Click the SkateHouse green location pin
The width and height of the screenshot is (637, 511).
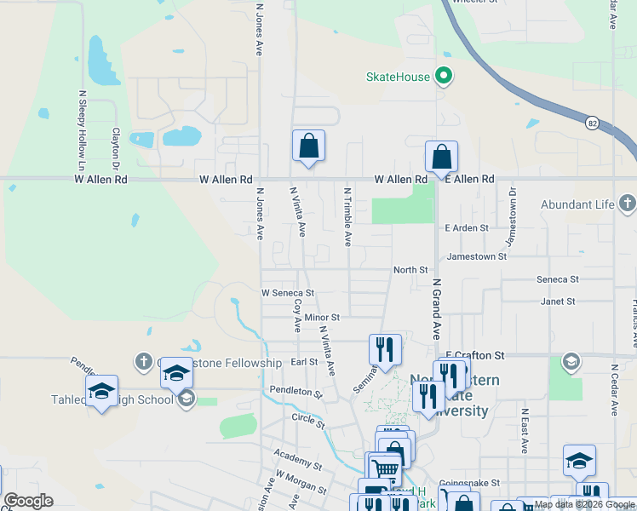click(x=443, y=77)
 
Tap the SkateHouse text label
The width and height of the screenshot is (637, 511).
click(x=398, y=77)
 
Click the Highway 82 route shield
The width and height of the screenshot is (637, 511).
click(x=592, y=123)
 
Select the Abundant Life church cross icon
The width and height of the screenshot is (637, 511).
click(x=628, y=204)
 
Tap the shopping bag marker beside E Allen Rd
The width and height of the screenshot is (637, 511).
click(x=441, y=157)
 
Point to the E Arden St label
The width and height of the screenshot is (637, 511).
click(x=467, y=228)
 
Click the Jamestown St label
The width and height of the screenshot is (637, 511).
click(x=477, y=255)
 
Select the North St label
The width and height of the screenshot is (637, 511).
click(x=410, y=270)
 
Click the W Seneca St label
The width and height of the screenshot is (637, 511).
click(x=288, y=293)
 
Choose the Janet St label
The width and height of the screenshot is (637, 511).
click(x=558, y=301)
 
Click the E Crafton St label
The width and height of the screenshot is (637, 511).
click(x=475, y=355)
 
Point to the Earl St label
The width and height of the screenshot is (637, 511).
click(x=304, y=362)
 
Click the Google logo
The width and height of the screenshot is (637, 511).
click(x=28, y=501)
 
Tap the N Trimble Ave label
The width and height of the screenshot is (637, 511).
click(x=347, y=216)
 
